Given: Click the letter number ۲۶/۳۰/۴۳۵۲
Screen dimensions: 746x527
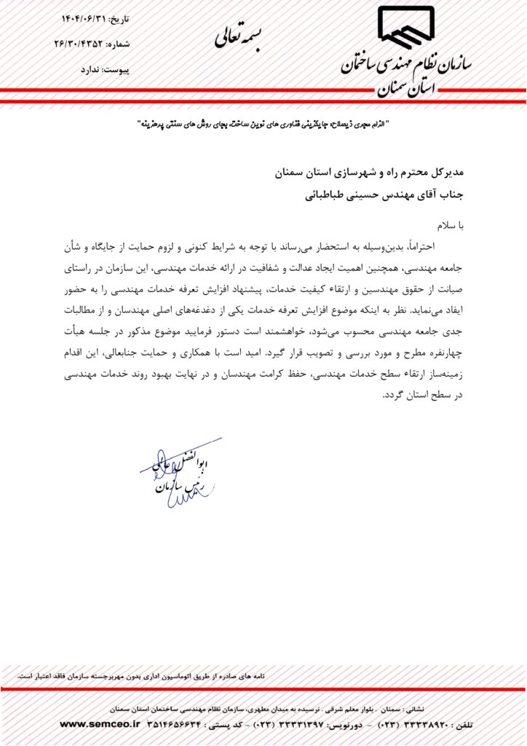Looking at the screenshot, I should click(80, 44).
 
